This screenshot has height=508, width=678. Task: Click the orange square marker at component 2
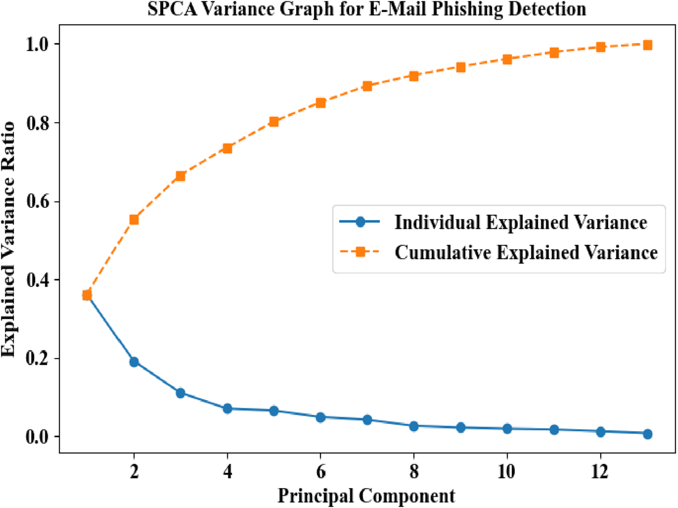[x=134, y=220]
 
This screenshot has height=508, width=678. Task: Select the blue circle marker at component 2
[x=134, y=362]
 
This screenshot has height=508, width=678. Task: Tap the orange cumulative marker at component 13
[x=647, y=45]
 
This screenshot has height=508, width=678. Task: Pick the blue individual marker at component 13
[x=647, y=434]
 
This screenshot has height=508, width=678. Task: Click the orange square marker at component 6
[x=320, y=103]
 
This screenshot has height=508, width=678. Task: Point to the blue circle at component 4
[x=227, y=409]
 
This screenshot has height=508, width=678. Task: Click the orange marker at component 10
[x=507, y=60]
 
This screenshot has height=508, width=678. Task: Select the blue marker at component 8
[x=414, y=426]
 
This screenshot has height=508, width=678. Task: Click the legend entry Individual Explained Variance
[x=520, y=222]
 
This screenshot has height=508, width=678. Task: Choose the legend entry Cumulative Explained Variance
[x=526, y=252]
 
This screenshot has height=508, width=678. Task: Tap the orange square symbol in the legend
[x=360, y=252]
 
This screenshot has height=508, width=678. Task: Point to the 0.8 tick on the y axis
[x=38, y=123]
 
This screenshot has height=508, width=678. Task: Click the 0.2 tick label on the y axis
[x=38, y=358]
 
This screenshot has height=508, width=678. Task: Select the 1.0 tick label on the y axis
[x=38, y=44]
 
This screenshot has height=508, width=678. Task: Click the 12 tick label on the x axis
[x=600, y=471]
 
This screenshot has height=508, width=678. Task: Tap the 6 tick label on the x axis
[x=320, y=471]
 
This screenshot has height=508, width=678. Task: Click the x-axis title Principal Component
[x=366, y=496]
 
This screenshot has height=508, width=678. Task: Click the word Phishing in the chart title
[x=467, y=9]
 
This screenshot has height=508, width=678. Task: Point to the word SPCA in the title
[x=172, y=9]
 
